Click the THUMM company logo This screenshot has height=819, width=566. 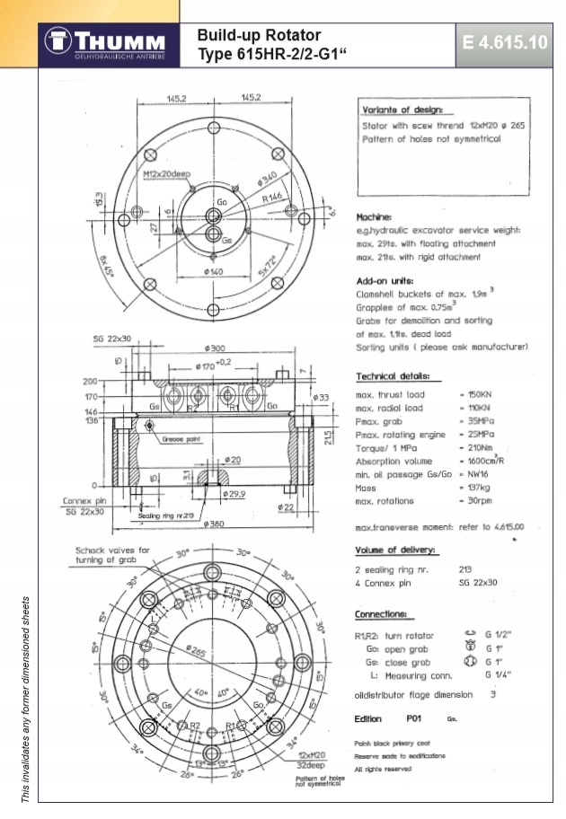point(107,43)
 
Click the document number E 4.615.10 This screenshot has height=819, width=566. point(504,42)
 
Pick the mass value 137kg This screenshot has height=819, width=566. point(474,487)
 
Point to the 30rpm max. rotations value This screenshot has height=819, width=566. point(475,500)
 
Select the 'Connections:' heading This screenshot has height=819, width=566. point(385,615)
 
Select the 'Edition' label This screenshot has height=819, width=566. point(369,719)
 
